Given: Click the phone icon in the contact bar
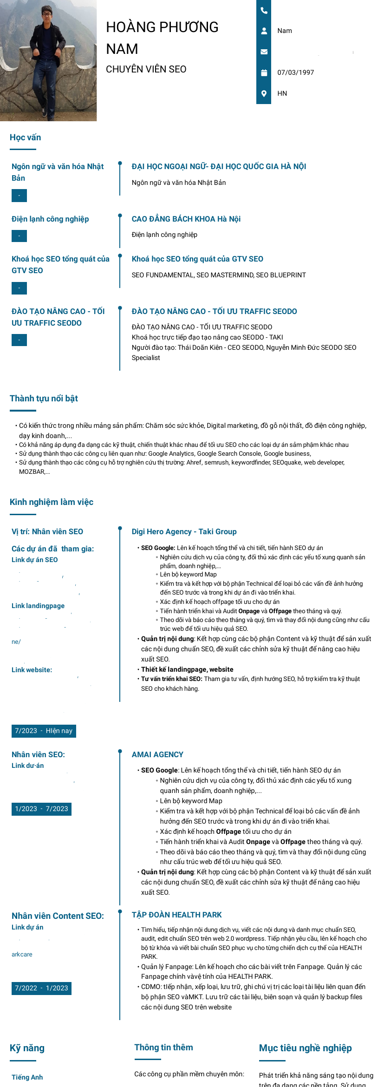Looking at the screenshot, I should pyautogui.click(x=264, y=10).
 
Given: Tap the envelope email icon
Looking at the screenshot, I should pyautogui.click(x=264, y=52).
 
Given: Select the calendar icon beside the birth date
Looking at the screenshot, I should pyautogui.click(x=264, y=72).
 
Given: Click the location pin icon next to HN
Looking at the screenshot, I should pyautogui.click(x=264, y=93).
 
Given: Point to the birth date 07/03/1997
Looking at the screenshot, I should pyautogui.click(x=295, y=72).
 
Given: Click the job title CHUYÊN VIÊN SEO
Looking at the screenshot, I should pyautogui.click(x=146, y=69).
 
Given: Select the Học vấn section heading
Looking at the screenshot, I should pyautogui.click(x=25, y=138).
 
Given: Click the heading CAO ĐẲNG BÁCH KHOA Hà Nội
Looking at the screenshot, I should pyautogui.click(x=186, y=219).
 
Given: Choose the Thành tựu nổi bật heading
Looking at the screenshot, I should pyautogui.click(x=44, y=399).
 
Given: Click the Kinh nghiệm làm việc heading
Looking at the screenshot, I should pyautogui.click(x=51, y=502).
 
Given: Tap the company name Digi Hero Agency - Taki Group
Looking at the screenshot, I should pyautogui.click(x=184, y=532).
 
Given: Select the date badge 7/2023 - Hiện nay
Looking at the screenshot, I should pyautogui.click(x=44, y=731).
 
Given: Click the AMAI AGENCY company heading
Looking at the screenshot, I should pyautogui.click(x=157, y=755).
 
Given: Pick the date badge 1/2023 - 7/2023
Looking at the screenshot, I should pyautogui.click(x=41, y=809).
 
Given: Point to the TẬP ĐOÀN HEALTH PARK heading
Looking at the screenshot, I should pyautogui.click(x=176, y=915).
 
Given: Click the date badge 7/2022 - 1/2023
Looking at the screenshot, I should pyautogui.click(x=41, y=988).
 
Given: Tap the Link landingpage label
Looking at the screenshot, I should pyautogui.click(x=38, y=606).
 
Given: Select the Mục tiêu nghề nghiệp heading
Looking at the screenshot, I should pyautogui.click(x=305, y=1048).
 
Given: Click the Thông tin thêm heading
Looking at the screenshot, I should pyautogui.click(x=163, y=1048).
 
